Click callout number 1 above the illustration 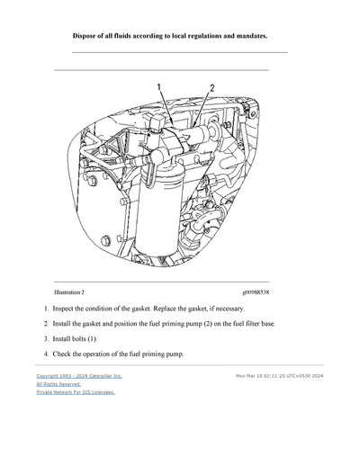tap(159, 86)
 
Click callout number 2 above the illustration tap(212, 87)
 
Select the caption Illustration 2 tap(69, 292)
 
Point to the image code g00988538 tap(256, 292)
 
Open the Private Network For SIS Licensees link tap(76, 392)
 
